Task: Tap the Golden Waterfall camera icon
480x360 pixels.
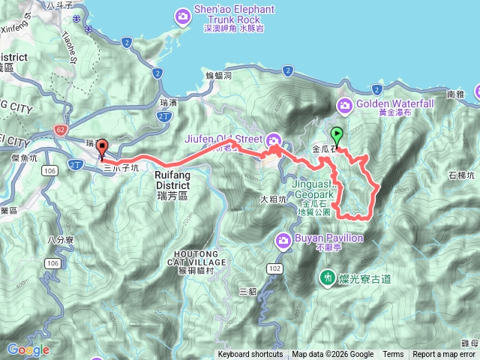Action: [345, 106]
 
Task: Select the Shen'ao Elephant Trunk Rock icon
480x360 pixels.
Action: [182, 14]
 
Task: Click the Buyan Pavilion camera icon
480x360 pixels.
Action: [284, 240]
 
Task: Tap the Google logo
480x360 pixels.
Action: [28, 349]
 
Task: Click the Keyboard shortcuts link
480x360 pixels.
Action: [250, 355]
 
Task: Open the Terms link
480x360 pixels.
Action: [393, 355]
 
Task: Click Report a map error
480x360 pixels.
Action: [445, 355]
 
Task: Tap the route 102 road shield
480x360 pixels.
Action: [274, 268]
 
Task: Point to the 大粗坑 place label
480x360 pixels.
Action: [273, 199]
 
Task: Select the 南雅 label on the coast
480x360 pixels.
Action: [456, 95]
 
